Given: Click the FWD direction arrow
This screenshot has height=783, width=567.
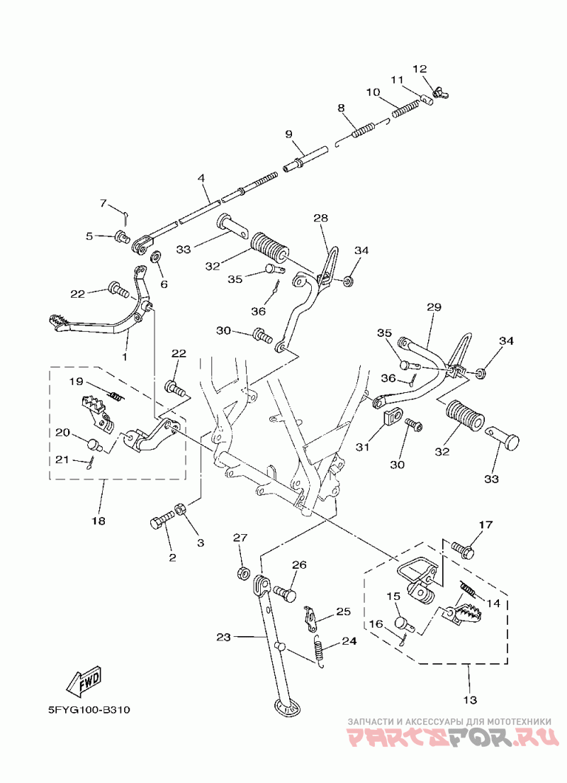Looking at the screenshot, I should (84, 683).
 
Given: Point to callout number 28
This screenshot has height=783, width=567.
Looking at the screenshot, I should (320, 218).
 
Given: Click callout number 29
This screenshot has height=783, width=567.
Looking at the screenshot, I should (434, 307).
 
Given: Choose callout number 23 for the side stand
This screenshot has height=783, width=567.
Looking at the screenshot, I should (224, 638).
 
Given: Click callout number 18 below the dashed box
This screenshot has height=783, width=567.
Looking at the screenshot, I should (98, 521).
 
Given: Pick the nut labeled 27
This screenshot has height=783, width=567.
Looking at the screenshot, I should (241, 572).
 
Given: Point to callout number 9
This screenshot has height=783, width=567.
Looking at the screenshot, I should (288, 134).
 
